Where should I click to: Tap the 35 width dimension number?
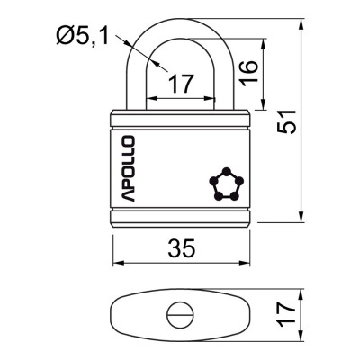(x=182, y=248)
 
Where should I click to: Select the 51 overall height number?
(x=286, y=121)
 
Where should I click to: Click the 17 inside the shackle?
(x=181, y=84)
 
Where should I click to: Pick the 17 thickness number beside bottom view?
(x=286, y=314)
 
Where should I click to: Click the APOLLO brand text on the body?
(x=128, y=168)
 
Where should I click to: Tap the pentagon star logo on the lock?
(x=227, y=184)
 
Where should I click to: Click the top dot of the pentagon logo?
(x=227, y=172)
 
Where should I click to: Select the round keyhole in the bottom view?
(x=180, y=315)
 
